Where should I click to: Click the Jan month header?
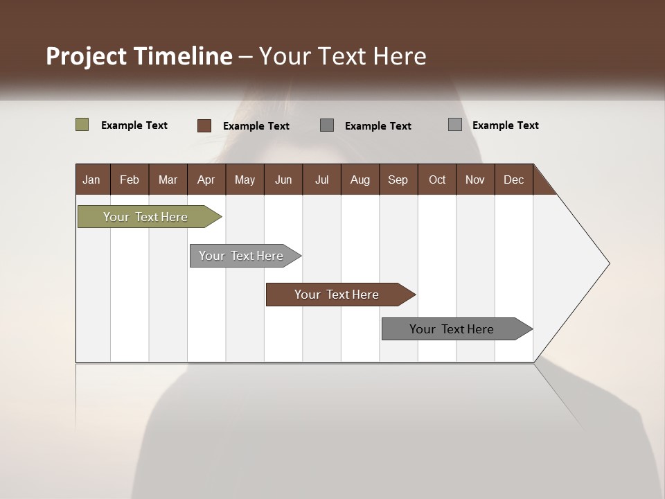(91, 180)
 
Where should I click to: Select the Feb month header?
(130, 180)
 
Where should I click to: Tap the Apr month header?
(206, 180)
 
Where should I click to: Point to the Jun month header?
(283, 180)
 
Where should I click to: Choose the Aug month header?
(360, 180)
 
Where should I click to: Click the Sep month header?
(398, 180)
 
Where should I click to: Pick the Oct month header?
(437, 180)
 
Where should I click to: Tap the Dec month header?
(513, 180)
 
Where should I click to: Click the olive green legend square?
(82, 125)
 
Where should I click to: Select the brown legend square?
(204, 125)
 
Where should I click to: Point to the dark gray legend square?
(327, 125)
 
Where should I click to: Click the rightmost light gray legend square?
(454, 125)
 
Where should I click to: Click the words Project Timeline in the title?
(139, 56)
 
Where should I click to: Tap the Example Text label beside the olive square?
(134, 125)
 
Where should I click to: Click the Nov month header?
(475, 180)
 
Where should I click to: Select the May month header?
(245, 180)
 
